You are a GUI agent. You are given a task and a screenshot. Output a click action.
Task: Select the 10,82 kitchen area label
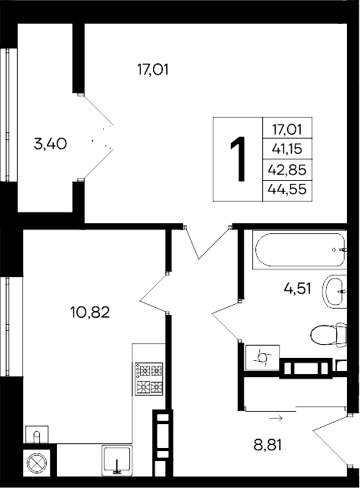pos(91,313)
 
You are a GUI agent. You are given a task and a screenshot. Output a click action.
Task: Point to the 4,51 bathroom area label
pos(298,289)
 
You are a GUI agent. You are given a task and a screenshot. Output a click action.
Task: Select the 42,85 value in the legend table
pos(287,169)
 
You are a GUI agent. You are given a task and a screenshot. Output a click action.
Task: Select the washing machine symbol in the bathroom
pos(262,357)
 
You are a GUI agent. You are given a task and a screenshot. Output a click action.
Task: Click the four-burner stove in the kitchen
pos(149,378)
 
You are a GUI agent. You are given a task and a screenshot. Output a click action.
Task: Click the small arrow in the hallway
pos(275,418)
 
